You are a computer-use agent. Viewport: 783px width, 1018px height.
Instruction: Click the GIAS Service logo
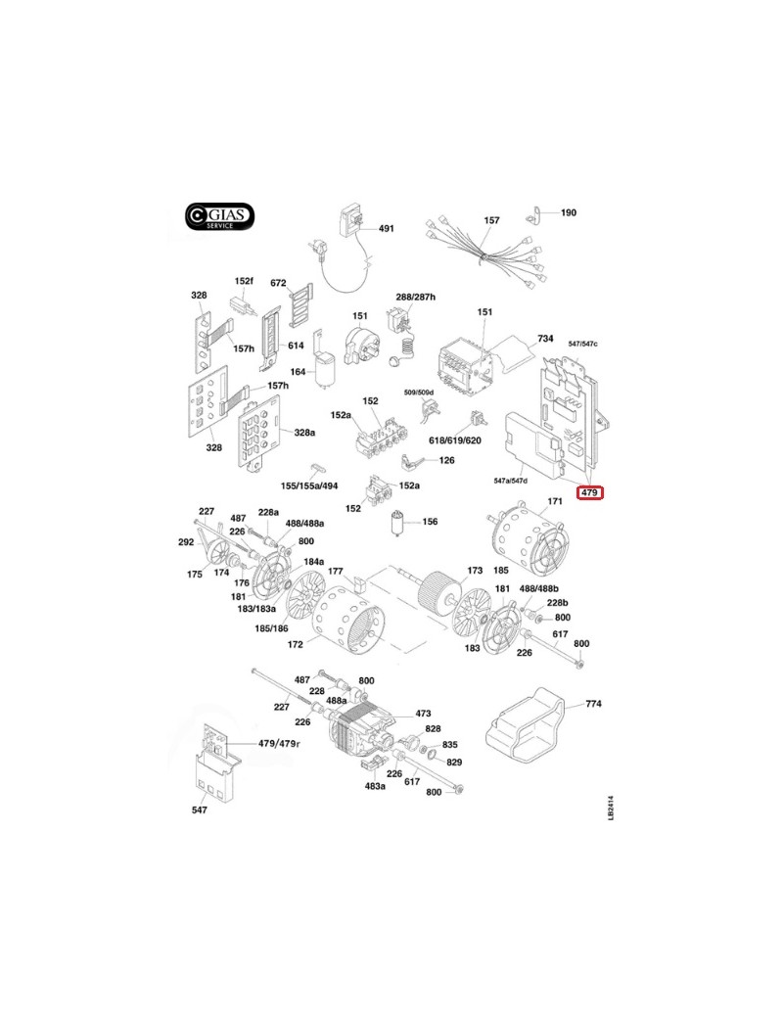[x=220, y=217]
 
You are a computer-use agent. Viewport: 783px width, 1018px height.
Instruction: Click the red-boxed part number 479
[x=589, y=492]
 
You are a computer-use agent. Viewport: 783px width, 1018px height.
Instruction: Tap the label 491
[x=386, y=229]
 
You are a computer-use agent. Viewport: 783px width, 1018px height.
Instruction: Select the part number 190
[x=568, y=212]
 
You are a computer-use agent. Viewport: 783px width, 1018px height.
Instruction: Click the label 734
[x=545, y=338]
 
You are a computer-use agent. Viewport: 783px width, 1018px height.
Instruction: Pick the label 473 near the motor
[x=424, y=714]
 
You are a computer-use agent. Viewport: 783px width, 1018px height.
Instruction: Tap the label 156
[x=430, y=522]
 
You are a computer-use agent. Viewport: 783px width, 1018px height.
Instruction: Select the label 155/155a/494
[x=308, y=486]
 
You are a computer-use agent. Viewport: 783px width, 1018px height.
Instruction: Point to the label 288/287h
[x=415, y=297]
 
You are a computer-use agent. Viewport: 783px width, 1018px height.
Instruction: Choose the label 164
[x=298, y=372]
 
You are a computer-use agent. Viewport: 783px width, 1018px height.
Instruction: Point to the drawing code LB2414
[x=611, y=808]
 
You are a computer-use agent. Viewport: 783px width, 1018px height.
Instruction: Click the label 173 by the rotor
[x=475, y=570]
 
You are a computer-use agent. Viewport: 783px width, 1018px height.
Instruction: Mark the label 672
[x=278, y=284]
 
